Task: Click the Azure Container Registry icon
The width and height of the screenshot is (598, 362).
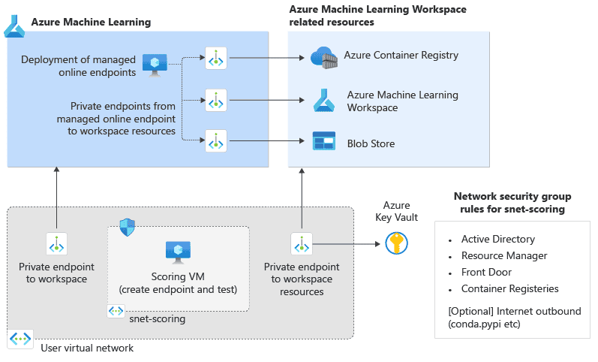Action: click(x=323, y=57)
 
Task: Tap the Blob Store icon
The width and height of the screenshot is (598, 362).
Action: click(x=323, y=141)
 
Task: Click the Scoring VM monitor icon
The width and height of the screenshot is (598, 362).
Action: click(x=178, y=252)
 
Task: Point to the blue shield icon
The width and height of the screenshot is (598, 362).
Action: click(x=127, y=228)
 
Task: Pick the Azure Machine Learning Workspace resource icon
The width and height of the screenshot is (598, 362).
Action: click(x=323, y=99)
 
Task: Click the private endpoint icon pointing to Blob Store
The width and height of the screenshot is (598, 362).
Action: click(x=216, y=140)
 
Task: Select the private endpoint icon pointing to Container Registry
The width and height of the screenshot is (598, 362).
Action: click(x=216, y=57)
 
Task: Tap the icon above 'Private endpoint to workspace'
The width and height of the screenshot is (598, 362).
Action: click(x=57, y=244)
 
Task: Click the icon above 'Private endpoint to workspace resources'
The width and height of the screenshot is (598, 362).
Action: click(x=302, y=244)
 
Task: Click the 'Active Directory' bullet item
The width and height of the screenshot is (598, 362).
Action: click(x=498, y=240)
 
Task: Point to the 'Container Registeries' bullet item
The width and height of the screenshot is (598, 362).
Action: click(x=509, y=288)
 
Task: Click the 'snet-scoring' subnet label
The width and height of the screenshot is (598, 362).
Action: click(x=157, y=318)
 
